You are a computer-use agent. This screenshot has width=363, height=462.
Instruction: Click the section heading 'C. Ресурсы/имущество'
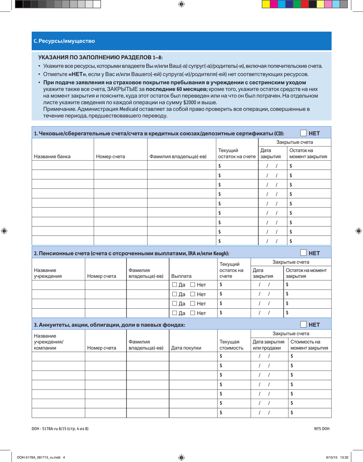tap(64, 41)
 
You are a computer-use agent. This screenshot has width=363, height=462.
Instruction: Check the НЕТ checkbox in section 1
tap(303, 133)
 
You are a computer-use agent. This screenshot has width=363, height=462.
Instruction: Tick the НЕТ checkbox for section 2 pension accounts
tap(303, 253)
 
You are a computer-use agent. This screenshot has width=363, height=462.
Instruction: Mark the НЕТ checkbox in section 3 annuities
tap(303, 325)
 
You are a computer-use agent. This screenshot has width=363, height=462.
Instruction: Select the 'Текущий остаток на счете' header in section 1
tap(236, 153)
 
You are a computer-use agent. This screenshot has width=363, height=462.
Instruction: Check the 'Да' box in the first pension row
tap(175, 284)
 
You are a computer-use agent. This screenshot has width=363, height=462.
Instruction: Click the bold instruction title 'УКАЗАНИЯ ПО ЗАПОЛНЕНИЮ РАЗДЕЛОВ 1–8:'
tap(100, 57)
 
